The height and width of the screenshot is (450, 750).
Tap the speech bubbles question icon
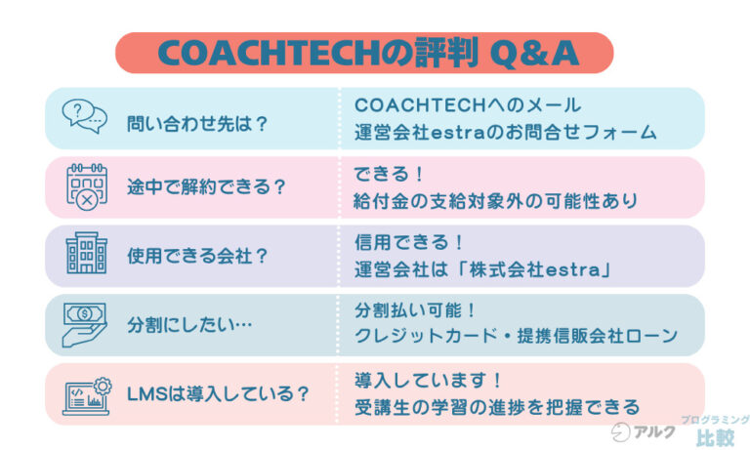84,117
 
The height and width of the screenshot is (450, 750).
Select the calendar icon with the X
84,185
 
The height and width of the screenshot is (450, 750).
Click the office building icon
85,255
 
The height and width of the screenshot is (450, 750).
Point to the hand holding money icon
85,323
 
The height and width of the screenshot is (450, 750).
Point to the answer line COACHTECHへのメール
467,104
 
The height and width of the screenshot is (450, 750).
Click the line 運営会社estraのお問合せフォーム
505,132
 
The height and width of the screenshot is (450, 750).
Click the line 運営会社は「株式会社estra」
481,269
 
